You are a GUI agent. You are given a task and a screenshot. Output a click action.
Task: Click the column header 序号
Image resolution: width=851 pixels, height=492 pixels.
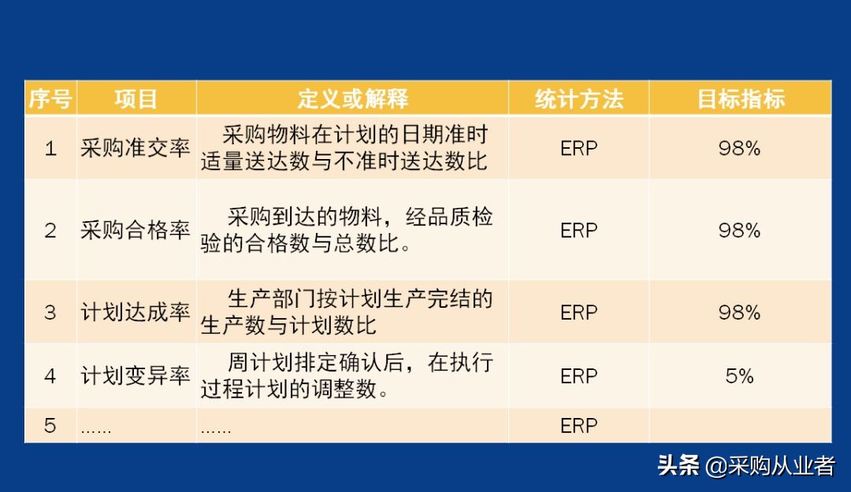50,98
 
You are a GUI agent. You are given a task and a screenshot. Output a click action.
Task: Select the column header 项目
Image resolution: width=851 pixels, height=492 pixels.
136,98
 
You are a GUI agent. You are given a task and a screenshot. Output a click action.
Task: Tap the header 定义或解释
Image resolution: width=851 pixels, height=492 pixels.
352,98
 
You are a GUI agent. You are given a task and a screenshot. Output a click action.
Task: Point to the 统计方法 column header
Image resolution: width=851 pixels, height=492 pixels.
578,98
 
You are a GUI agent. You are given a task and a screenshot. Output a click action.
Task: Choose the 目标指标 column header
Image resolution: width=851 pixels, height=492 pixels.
740,98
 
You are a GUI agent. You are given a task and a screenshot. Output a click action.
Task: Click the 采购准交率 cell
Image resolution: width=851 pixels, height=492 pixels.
136,148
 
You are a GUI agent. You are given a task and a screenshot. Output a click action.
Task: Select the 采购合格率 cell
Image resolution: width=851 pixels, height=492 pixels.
136,231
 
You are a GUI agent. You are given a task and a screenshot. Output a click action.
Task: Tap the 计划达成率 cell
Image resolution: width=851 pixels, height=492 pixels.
136,313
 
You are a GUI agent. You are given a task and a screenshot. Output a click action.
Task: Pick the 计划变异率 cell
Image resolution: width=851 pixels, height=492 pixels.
136,376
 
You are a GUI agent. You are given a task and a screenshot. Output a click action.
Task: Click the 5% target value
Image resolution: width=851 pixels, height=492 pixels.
739,376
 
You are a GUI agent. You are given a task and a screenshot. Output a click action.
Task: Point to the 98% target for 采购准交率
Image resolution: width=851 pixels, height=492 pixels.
739,148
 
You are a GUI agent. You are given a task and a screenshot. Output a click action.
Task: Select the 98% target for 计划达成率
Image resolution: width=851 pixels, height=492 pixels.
739,313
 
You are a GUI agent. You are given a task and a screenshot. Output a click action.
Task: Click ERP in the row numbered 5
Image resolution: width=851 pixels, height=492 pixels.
578,426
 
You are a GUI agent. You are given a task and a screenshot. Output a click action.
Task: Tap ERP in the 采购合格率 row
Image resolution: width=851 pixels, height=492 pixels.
578,231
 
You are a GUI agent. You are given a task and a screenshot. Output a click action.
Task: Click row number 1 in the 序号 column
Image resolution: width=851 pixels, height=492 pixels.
50,148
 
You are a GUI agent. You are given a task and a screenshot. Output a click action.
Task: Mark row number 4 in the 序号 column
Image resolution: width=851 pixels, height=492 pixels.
50,376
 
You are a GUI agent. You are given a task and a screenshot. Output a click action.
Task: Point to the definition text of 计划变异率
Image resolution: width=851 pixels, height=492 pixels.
347,376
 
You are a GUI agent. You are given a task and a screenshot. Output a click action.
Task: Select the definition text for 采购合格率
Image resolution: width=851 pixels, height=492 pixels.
347,231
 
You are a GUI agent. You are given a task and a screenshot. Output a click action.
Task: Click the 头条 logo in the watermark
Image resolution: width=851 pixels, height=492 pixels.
678,465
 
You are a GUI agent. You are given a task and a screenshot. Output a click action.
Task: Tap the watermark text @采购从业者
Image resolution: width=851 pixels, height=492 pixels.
770,465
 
